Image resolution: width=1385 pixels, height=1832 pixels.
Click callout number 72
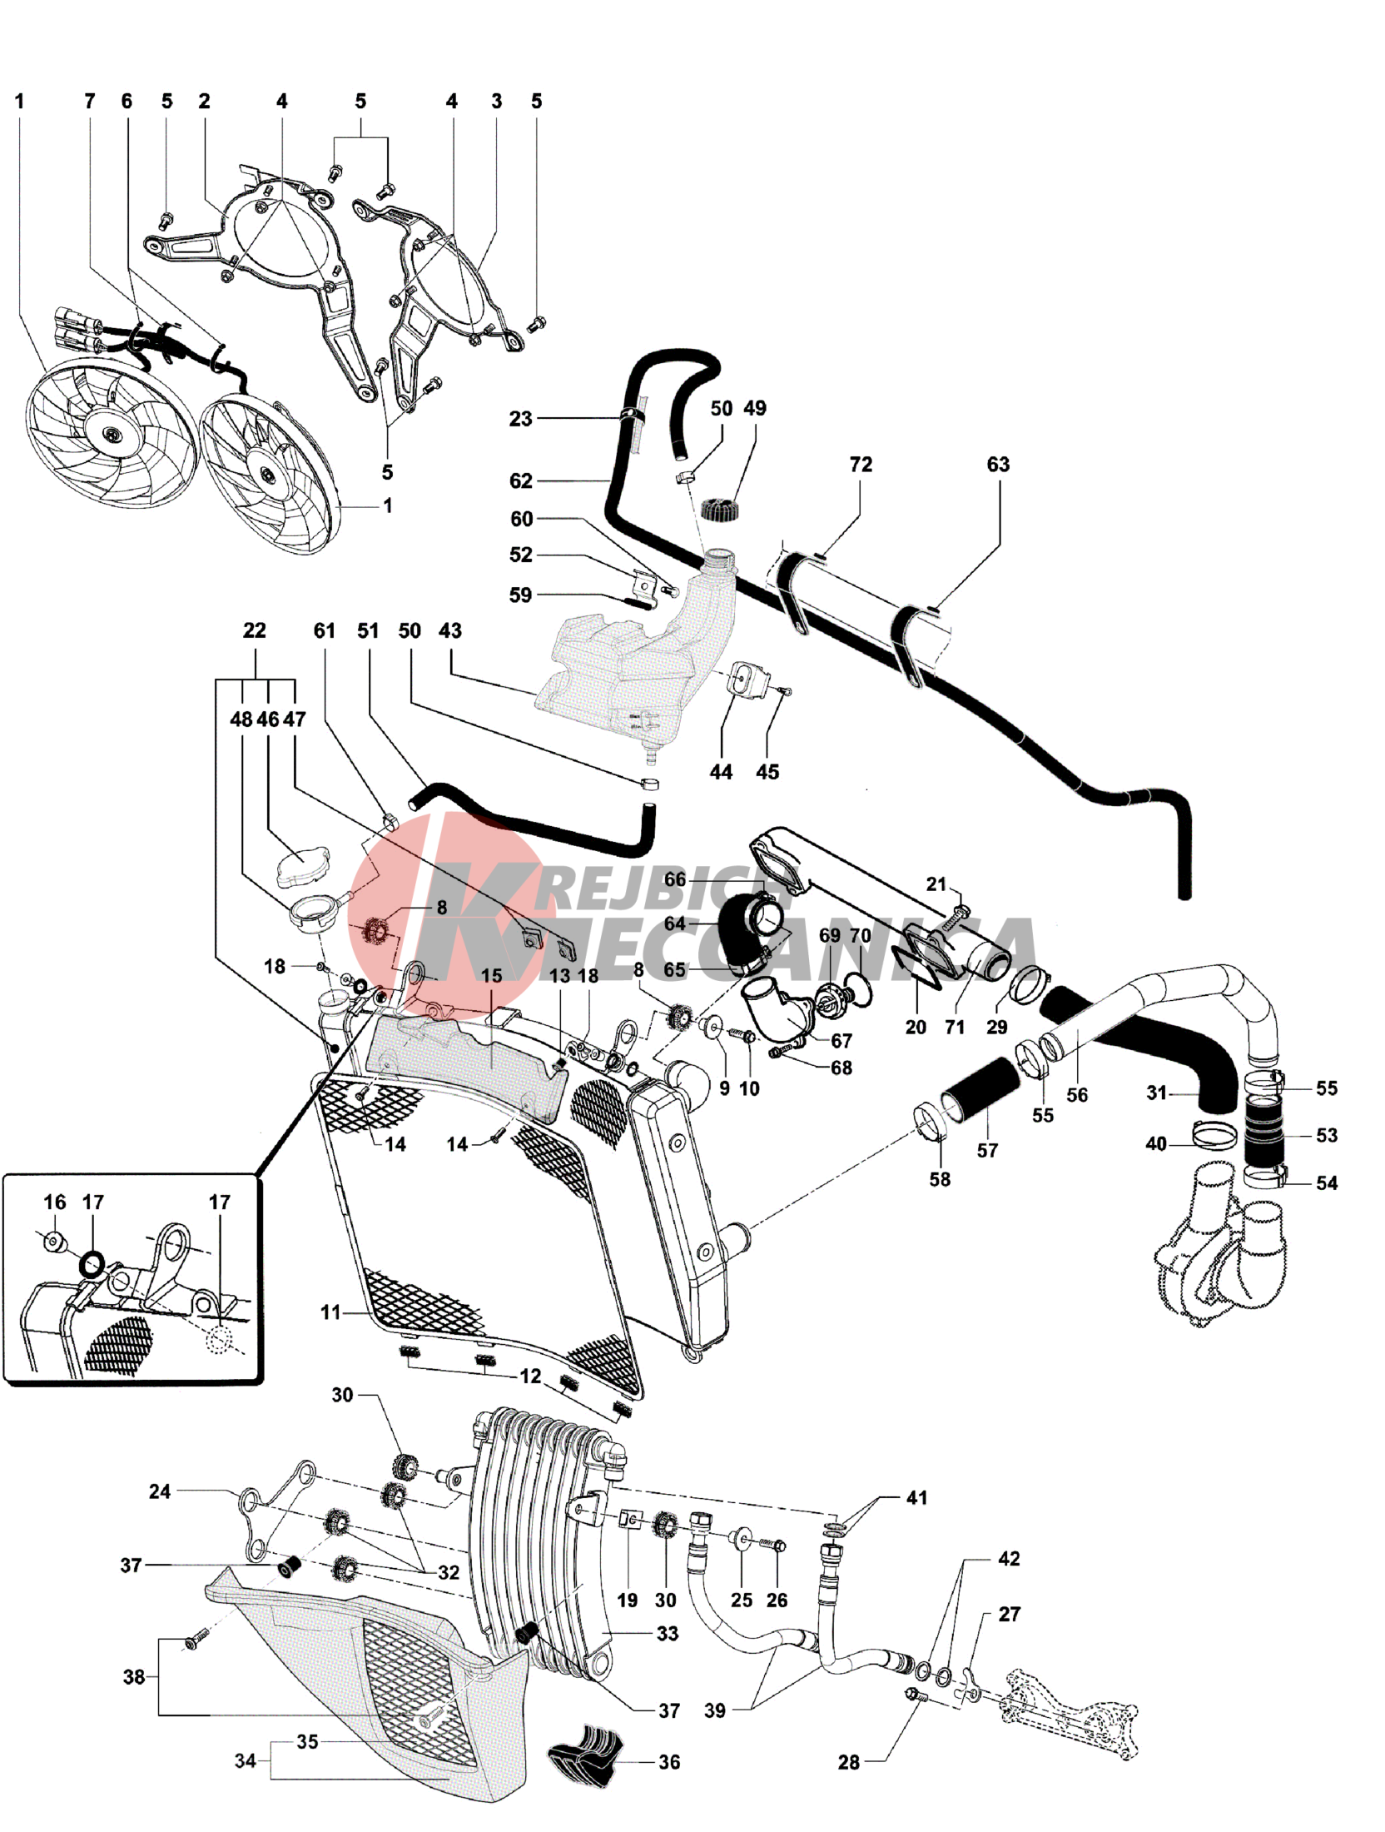[861, 465]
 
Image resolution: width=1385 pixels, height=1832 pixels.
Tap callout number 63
[998, 465]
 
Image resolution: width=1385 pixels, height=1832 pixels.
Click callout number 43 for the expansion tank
[450, 630]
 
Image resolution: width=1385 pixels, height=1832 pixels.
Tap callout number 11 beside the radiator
[330, 1312]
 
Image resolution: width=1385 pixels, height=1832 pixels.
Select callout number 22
[254, 630]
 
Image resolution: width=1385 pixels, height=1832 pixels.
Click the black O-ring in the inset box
[92, 1265]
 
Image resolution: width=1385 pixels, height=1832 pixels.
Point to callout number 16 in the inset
[55, 1202]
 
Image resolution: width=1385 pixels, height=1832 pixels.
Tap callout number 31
[1157, 1093]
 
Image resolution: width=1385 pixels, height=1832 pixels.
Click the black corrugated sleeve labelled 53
[1263, 1135]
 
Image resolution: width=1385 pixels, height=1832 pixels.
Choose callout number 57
[987, 1150]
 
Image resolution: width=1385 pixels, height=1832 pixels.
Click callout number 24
[160, 1491]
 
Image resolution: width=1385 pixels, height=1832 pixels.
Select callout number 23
[520, 418]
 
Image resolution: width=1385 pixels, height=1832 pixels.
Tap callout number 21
[936, 884]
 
